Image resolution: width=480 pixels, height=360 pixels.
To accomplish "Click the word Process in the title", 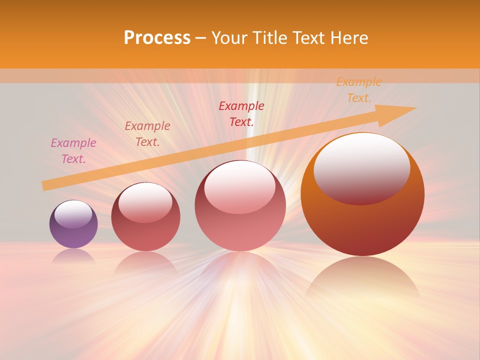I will click(x=157, y=38).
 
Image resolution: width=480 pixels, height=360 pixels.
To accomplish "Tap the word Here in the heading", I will click(x=348, y=38).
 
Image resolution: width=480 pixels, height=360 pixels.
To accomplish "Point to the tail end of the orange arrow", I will click(x=44, y=186).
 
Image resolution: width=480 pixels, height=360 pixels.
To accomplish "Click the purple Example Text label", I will click(x=73, y=151).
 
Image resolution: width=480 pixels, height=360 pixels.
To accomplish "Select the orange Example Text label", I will click(x=359, y=90).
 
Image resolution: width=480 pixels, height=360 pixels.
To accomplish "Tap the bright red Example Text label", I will click(x=241, y=113).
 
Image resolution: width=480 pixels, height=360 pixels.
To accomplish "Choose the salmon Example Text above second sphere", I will click(x=147, y=133).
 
